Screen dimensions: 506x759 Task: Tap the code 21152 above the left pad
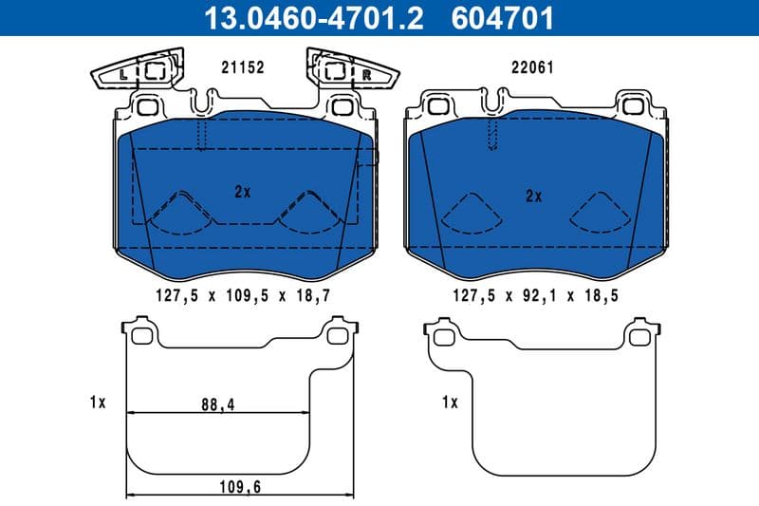pyautogui.click(x=242, y=68)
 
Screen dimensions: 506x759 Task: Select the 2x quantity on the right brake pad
pyautogui.click(x=533, y=197)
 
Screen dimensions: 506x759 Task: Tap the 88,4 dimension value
pyautogui.click(x=217, y=404)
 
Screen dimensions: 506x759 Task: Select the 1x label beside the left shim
pyautogui.click(x=96, y=403)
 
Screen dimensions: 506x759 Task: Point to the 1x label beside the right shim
pyautogui.click(x=450, y=403)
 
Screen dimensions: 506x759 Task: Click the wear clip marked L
pyautogui.click(x=126, y=70)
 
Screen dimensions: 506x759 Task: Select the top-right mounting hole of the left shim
pyautogui.click(x=337, y=335)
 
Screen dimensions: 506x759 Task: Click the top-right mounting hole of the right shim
pyautogui.click(x=637, y=335)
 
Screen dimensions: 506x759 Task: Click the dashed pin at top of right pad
pyautogui.click(x=491, y=135)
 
